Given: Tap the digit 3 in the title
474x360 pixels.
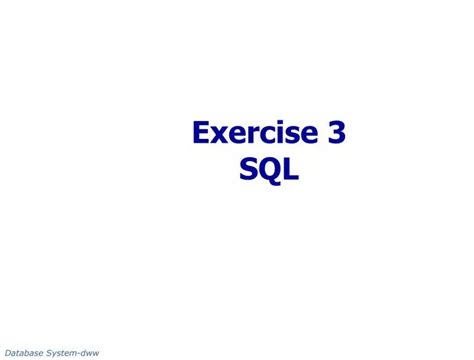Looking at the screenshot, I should pos(337,134).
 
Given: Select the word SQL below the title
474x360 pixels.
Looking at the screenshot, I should pos(269,171).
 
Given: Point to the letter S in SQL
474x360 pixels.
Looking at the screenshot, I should pos(248,171).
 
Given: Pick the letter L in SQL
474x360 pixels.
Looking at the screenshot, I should pos(290,171).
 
